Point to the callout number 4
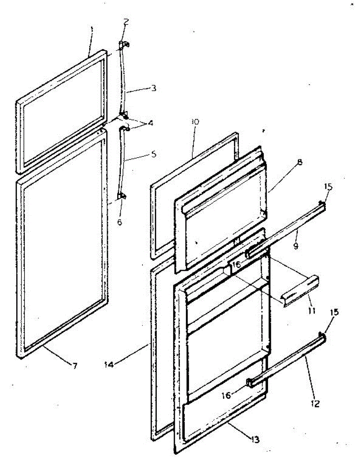[150, 123]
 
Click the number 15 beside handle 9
[328, 186]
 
